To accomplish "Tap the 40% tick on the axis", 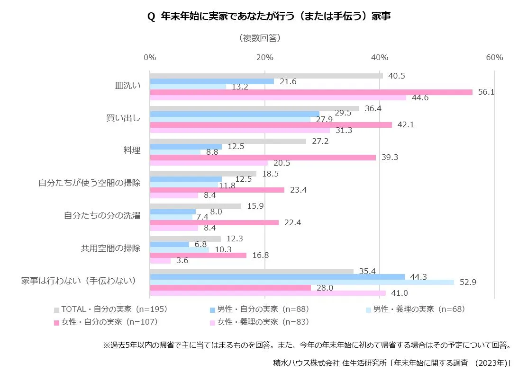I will pyautogui.click(x=380, y=57).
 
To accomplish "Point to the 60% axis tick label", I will pyautogui.click(x=494, y=57).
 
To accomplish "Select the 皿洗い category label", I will pyautogui.click(x=128, y=86).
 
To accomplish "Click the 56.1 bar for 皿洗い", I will pyautogui.click(x=311, y=92).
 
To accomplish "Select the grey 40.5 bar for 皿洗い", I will pyautogui.click(x=266, y=76).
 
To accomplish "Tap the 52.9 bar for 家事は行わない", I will pyautogui.click(x=301, y=282).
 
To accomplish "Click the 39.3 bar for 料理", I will pyautogui.click(x=263, y=157).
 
